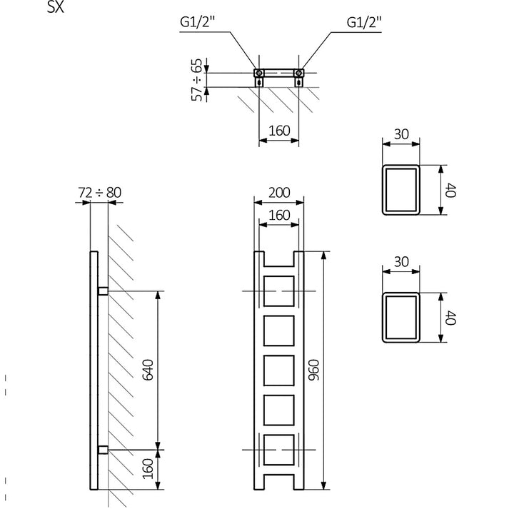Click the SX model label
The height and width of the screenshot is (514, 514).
click(56, 7)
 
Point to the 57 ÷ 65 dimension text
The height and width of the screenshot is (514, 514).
click(198, 79)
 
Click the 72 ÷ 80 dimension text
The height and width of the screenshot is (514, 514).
click(99, 192)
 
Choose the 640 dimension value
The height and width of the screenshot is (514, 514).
click(148, 369)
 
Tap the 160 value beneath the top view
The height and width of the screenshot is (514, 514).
click(278, 131)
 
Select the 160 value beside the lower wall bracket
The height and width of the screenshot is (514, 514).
click(148, 469)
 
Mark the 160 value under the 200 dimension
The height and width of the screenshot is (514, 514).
click(278, 215)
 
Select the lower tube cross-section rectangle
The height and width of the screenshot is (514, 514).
click(401, 317)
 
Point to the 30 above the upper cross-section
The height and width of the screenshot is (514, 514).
click(401, 133)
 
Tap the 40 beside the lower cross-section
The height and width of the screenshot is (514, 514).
click(449, 317)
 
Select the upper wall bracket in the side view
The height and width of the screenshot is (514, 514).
click(103, 291)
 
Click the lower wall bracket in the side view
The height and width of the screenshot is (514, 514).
click(103, 449)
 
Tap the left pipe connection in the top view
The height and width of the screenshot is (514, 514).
click(259, 73)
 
